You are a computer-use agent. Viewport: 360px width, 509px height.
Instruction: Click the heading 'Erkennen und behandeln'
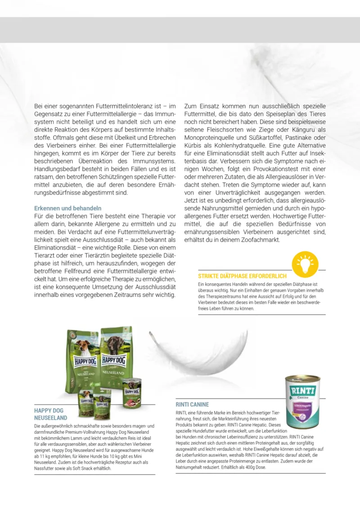[x=68, y=208]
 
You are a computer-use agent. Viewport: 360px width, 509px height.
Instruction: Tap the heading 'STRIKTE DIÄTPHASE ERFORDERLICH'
[x=242, y=276]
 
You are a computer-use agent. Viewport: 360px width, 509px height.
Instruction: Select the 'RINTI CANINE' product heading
[x=192, y=405]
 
